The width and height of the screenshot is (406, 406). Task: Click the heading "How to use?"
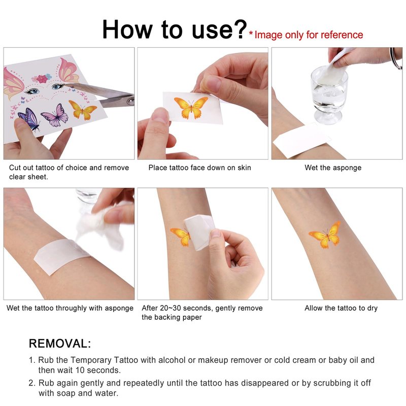tap(174, 29)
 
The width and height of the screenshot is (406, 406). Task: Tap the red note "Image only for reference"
tap(309, 35)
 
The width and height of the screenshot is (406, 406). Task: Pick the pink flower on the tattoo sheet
tap(42, 79)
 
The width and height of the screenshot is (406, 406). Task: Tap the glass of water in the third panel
tap(329, 95)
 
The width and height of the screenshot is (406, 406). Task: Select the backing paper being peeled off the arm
tap(199, 232)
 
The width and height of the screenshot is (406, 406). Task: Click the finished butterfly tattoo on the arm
tap(325, 234)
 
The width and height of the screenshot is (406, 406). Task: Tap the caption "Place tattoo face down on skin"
tap(199, 168)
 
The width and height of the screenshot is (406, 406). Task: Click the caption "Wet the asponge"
tap(333, 168)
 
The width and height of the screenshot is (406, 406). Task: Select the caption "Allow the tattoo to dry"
tap(341, 308)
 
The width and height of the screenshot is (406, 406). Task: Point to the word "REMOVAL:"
tap(60, 344)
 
